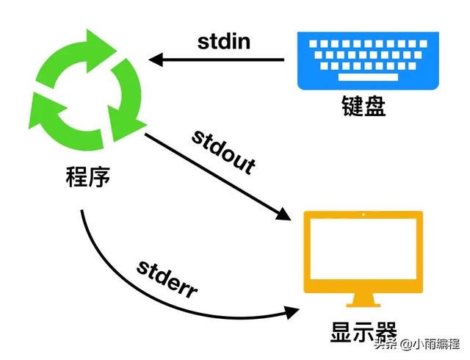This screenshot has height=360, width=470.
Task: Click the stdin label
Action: coord(224,42)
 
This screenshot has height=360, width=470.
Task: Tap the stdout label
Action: coord(223,152)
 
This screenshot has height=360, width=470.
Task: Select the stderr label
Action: coord(167,279)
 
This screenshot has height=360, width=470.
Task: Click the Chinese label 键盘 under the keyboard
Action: coord(364,106)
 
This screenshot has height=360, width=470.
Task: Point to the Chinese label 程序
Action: coord(88,176)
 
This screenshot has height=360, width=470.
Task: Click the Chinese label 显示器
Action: coord(364,332)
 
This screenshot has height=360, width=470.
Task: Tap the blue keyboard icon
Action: coord(368,60)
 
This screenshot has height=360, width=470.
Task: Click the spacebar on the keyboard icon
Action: coord(368,77)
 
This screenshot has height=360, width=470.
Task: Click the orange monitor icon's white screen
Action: coord(364,249)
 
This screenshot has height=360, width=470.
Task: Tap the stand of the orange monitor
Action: coord(364,300)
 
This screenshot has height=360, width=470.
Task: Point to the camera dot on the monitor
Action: coord(364,215)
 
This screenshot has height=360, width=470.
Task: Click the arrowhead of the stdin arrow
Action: coord(156,60)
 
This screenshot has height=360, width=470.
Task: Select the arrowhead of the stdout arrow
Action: coord(283,215)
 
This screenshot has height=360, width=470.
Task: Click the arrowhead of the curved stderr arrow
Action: coord(292,312)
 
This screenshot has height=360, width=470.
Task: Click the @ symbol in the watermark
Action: coord(406,344)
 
